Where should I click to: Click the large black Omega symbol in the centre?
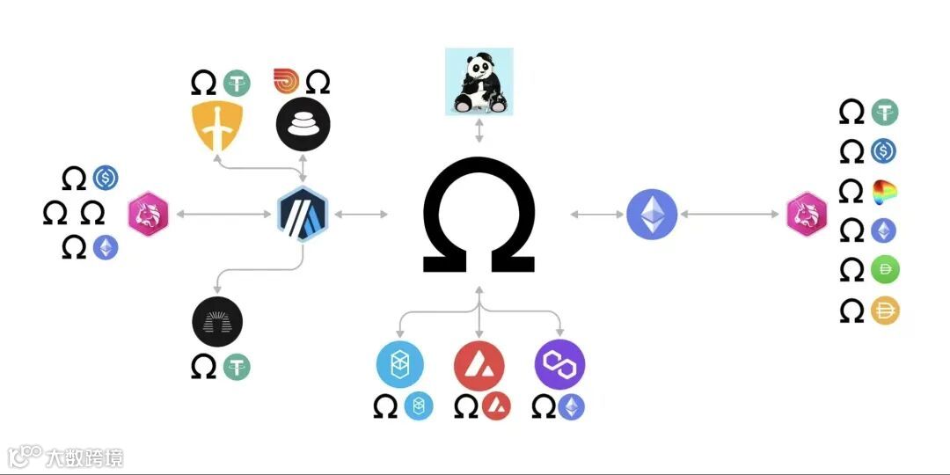coord(479,215)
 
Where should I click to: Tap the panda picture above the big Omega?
coord(479,82)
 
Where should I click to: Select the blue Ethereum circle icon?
coord(652,215)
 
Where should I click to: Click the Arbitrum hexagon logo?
coord(303,215)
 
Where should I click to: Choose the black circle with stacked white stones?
coord(303,124)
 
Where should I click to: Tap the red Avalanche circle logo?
coord(479,364)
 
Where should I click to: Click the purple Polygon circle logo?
coord(559,364)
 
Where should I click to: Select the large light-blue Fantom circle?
coord(399,364)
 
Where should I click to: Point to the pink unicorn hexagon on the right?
coord(806,215)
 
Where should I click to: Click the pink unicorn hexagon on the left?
coord(148,215)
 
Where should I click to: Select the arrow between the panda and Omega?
coord(479,132)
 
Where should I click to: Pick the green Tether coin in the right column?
coord(885,112)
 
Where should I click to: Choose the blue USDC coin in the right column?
coord(884,151)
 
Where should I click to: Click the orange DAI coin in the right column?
coord(885,311)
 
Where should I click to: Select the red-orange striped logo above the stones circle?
coord(287,82)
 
